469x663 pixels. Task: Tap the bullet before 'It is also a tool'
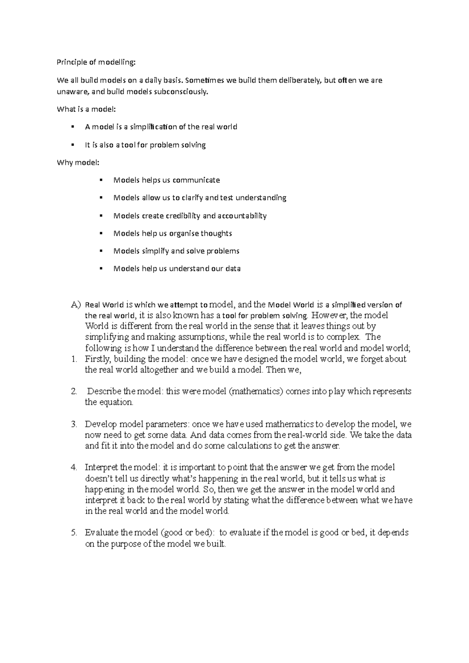73,144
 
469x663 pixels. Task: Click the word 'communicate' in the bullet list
196,180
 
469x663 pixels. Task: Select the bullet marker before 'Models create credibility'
101,215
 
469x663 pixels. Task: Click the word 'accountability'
242,216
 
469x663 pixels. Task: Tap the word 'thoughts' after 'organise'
216,233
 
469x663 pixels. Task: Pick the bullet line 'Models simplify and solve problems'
176,251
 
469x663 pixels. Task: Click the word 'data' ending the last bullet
233,269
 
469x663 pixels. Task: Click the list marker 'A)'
75,305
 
